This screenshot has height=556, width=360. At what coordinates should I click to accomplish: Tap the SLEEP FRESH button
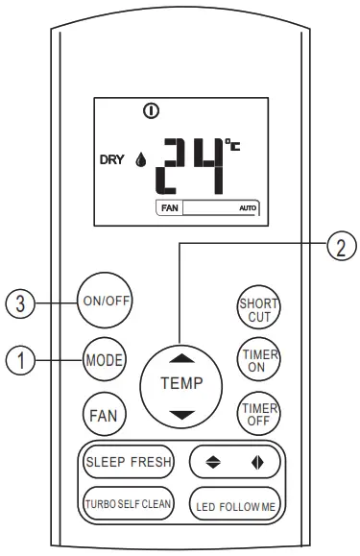127,462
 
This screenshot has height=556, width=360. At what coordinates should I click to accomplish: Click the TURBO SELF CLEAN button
127,502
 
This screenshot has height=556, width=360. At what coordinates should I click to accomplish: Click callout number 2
337,246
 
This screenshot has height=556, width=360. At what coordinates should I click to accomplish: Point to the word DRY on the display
112,161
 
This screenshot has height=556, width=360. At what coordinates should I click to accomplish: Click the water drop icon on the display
141,162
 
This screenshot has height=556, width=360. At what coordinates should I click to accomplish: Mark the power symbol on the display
151,111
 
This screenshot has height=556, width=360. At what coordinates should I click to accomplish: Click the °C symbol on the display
233,146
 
